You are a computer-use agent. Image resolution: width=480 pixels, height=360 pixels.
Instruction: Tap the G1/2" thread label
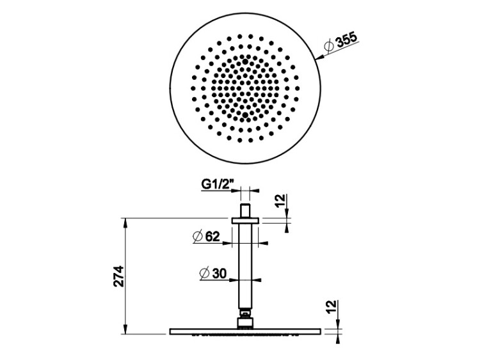(x=218, y=184)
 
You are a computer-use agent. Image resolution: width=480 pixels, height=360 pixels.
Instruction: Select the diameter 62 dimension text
(x=206, y=236)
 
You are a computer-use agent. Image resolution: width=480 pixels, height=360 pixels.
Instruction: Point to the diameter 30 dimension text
(x=212, y=273)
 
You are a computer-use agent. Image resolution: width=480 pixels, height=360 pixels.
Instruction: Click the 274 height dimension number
(x=118, y=276)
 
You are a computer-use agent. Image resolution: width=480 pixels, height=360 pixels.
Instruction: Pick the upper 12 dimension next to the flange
(x=280, y=201)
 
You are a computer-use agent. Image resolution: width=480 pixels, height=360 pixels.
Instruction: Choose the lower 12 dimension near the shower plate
(x=331, y=307)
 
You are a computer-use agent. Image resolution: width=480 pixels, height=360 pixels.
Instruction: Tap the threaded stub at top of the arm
(x=245, y=210)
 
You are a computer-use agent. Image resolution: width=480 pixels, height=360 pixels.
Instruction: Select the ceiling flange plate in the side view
(x=245, y=221)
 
